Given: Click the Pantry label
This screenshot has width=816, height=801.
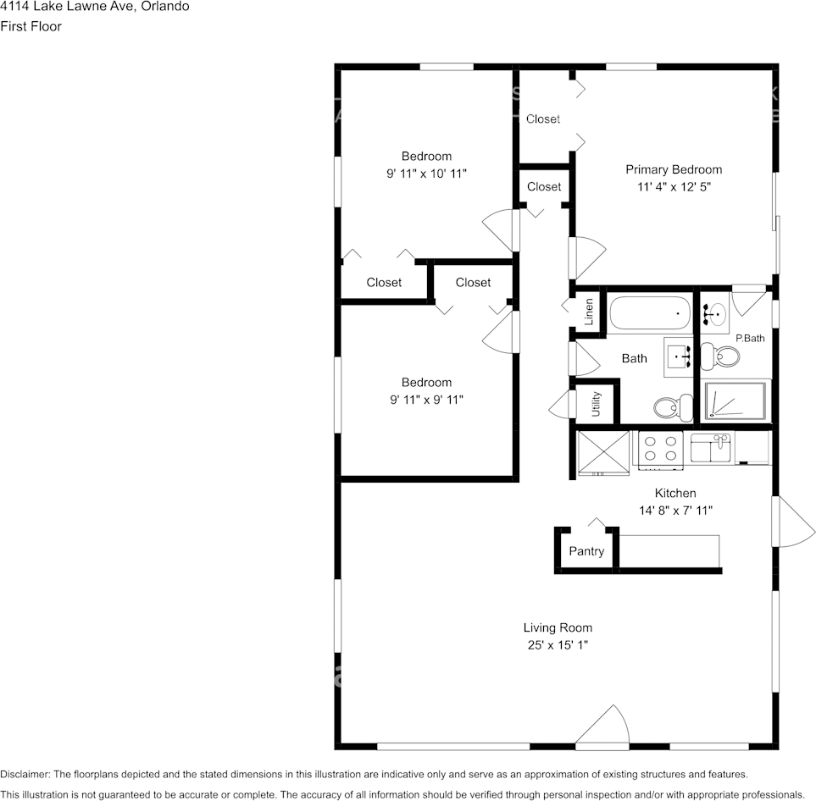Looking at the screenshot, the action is click(586, 551).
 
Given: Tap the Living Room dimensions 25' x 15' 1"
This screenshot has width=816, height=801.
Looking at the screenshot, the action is click(558, 645).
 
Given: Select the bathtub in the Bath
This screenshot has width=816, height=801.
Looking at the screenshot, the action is click(650, 313).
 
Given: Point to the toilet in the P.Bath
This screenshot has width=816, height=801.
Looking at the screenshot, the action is click(720, 356).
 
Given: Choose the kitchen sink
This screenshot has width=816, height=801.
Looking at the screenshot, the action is click(711, 448).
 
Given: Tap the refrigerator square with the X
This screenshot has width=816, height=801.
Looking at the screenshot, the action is click(603, 452).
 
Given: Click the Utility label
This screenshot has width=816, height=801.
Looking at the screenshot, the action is click(597, 404).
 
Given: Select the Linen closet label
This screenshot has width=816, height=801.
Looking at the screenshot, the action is click(589, 312).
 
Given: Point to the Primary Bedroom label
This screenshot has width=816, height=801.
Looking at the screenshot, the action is click(674, 169).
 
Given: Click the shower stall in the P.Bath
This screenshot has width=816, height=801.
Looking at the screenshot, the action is click(735, 400).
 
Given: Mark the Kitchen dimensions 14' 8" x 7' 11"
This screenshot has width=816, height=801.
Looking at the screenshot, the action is click(675, 511).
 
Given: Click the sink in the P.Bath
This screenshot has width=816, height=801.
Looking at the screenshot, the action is click(714, 314).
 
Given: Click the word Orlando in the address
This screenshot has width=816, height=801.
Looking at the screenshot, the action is click(165, 7).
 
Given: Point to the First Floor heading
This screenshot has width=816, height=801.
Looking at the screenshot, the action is click(31, 26).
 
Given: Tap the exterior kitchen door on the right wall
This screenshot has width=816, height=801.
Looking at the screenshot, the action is click(794, 522).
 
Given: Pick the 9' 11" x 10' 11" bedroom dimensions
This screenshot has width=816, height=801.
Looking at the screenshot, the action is click(426, 174).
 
